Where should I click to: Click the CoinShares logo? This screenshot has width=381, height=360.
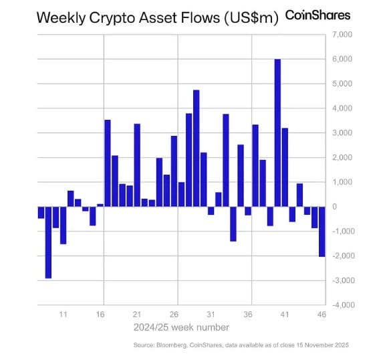click(x=317, y=15)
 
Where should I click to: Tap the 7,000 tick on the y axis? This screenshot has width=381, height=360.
click(x=341, y=34)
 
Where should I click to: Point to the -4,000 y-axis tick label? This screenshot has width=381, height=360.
click(x=340, y=305)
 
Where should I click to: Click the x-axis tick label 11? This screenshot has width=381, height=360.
click(x=63, y=314)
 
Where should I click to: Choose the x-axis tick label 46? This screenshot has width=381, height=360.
click(x=322, y=314)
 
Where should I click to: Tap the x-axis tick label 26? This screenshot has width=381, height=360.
click(x=174, y=314)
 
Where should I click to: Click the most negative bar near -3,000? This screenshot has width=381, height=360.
click(x=48, y=242)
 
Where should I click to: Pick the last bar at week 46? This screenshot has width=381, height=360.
click(x=322, y=231)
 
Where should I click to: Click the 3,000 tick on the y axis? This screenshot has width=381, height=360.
click(x=341, y=132)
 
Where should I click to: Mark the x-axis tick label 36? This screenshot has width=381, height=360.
click(x=247, y=314)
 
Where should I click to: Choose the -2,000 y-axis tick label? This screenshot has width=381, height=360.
click(x=340, y=256)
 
